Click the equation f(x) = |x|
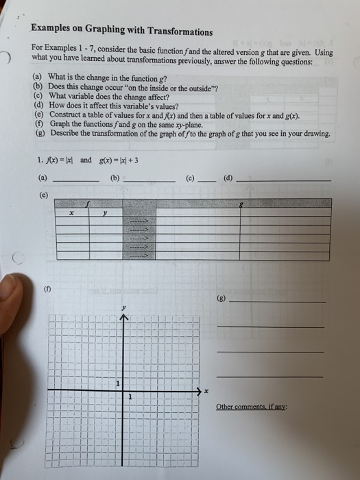point(59,160)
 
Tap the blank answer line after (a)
point(76,180)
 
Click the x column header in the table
point(71,213)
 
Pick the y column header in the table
point(105,213)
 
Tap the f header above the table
point(88,203)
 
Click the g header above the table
point(241,203)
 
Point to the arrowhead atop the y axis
point(124,318)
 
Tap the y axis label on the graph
point(124,309)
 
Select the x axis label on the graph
point(204,391)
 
